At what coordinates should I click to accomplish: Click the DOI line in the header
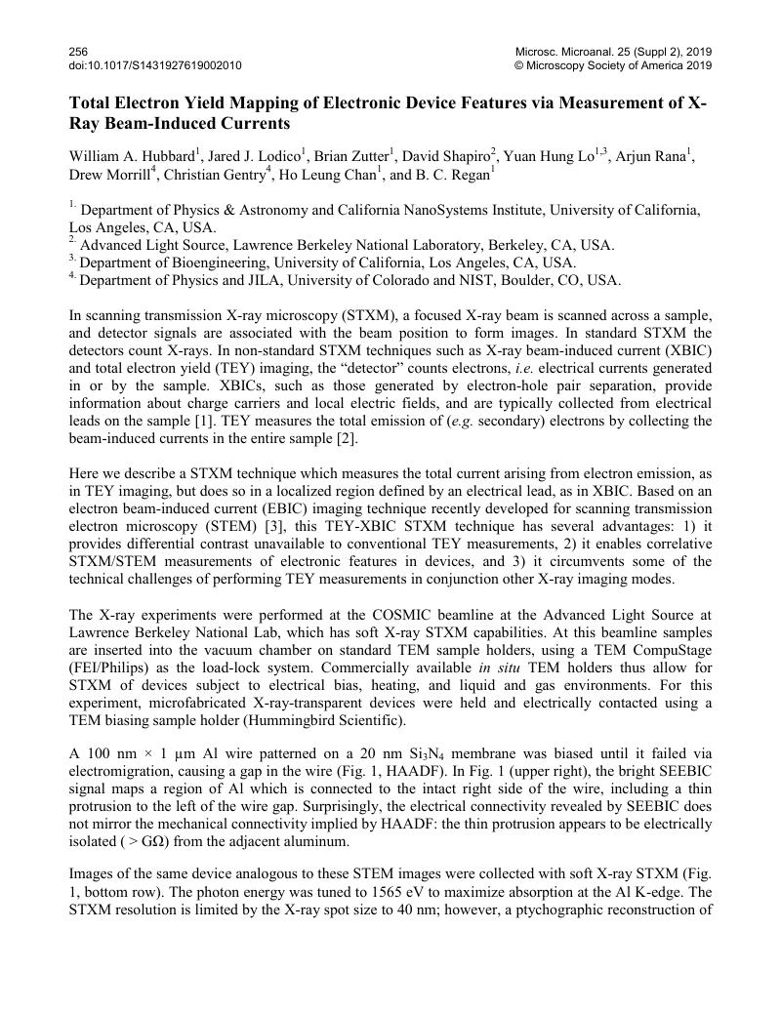tap(155, 65)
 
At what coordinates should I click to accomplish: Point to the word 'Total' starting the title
tap(90, 103)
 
